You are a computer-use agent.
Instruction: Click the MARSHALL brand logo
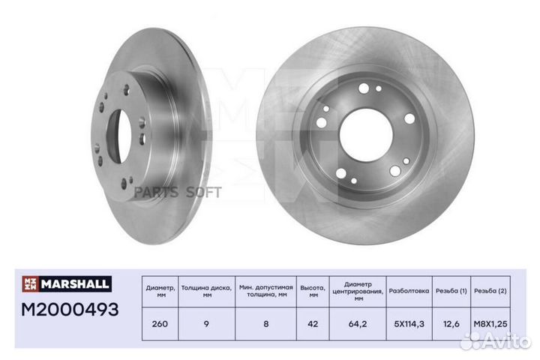pos(67,283)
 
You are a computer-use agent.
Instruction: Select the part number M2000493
pos(70,309)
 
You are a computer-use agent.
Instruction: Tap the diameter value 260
pos(160,324)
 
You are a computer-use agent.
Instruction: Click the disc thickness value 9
pos(206,324)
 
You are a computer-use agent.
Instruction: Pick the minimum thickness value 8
pos(265,324)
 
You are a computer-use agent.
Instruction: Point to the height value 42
pos(313,324)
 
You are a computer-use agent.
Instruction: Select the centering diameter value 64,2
pos(358,324)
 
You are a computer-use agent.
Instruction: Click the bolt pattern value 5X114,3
pos(409,324)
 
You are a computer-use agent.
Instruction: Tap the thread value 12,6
pos(451,324)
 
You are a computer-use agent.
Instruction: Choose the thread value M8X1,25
pos(490,324)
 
